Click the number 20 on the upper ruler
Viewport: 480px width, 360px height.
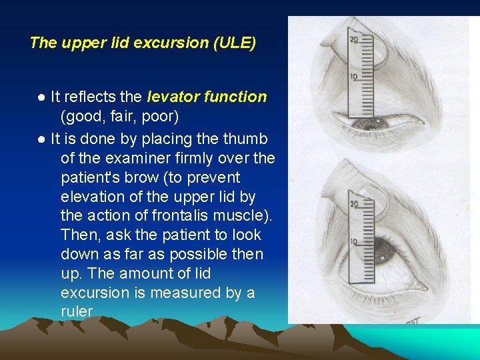353,41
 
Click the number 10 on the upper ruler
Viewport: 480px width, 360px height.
353,77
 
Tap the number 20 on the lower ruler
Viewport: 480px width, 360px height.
353,205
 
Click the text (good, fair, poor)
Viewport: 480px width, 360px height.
119,117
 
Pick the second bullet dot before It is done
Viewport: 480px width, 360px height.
41,140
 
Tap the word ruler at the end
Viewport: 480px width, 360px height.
77,312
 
